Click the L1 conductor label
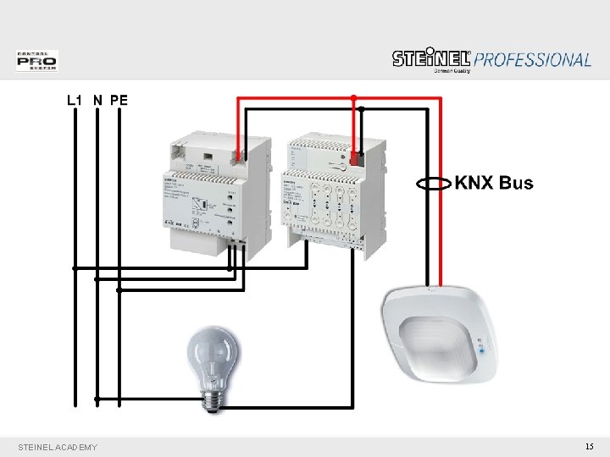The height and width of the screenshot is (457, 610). pos(75,100)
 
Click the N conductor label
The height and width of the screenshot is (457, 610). pos(98,100)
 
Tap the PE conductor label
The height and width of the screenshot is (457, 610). pos(119,100)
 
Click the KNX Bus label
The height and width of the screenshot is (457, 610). pos(495,183)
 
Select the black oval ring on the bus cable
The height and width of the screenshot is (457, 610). pos(434,183)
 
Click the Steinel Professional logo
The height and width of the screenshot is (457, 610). pos(491,59)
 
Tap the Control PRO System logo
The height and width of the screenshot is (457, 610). pos(36,61)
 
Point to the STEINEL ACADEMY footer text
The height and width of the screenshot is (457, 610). pos(57,447)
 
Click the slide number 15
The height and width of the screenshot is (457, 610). pos(589,446)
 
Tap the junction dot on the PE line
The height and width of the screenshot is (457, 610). pos(119,290)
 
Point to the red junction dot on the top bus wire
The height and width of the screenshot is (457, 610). pos(353,96)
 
